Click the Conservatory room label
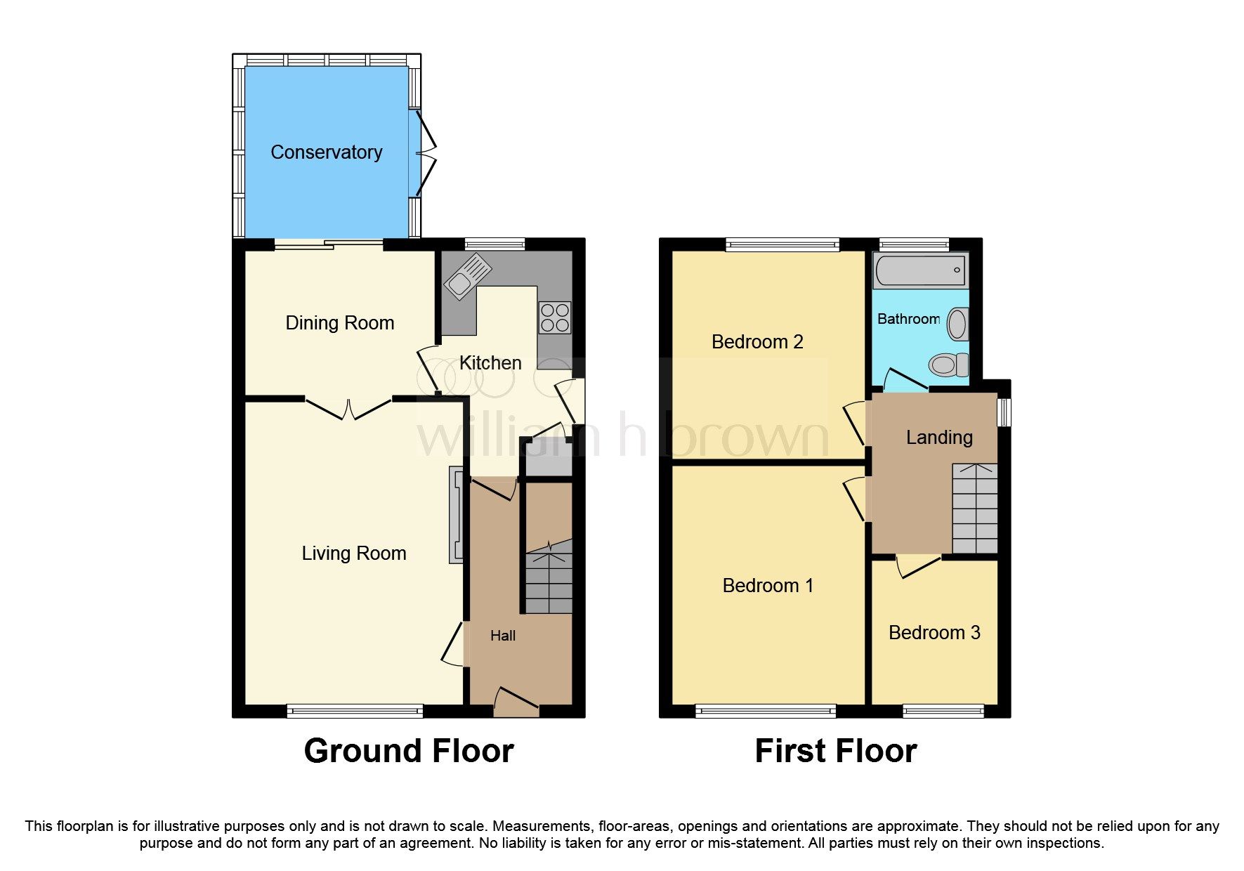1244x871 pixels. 327,152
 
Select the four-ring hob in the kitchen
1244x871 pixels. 554,317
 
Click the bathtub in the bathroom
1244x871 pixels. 919,270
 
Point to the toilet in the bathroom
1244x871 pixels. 948,365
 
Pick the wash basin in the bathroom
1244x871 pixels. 957,325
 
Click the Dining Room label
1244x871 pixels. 339,323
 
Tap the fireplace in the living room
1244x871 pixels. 457,516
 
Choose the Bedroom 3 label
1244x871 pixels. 934,633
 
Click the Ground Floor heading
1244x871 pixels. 408,751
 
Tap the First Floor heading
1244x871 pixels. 835,751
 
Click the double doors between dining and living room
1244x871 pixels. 348,409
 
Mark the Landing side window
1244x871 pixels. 1004,412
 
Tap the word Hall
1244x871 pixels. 503,636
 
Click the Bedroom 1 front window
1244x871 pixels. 766,711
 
